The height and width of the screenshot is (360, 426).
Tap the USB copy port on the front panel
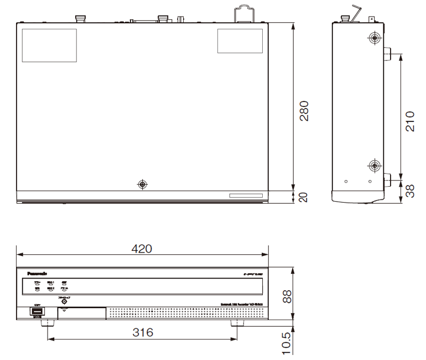coord(37,313)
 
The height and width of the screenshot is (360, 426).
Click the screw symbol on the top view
coord(143,184)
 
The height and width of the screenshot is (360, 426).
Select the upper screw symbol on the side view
coord(375,38)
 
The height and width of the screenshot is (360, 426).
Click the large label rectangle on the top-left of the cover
coord(49,45)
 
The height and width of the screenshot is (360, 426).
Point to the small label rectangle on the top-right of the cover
coord(240,40)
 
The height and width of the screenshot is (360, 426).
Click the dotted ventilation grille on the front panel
coord(185,313)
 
